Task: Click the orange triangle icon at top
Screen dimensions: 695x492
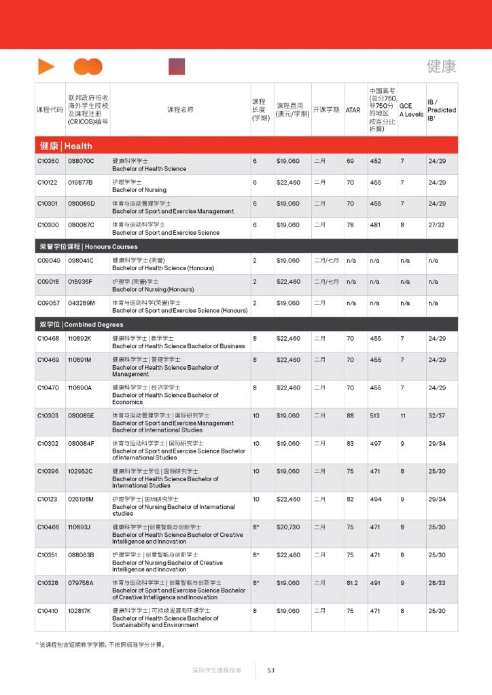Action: pos(46,67)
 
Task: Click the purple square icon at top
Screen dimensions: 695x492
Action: pos(177,67)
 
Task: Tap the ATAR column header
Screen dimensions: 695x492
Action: pos(353,110)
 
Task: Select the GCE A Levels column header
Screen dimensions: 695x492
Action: pos(410,110)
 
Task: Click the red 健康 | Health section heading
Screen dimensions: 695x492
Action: pos(65,146)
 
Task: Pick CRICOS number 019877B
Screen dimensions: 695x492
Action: pos(80,183)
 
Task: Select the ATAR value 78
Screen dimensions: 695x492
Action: pos(351,225)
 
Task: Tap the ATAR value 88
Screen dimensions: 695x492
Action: pos(351,415)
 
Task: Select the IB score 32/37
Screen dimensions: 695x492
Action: pos(437,415)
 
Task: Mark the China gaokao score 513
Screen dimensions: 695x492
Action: pos(375,415)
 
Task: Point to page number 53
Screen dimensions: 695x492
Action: pos(270,670)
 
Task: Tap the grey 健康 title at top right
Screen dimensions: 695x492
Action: pos(441,67)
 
